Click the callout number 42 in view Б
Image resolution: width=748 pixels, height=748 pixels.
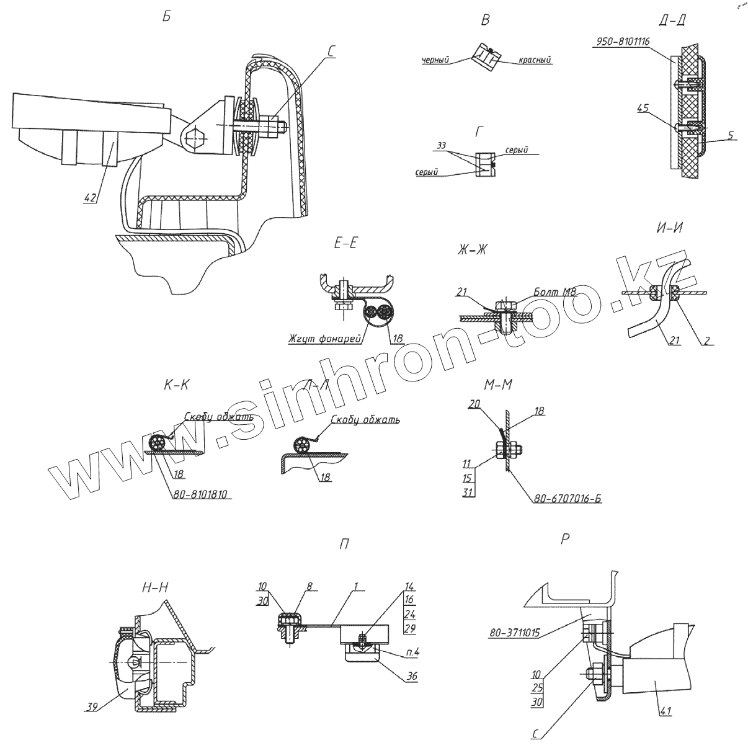[x=91, y=198]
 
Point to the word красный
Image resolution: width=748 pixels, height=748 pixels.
[x=533, y=60]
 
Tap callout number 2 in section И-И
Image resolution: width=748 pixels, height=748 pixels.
[x=707, y=340]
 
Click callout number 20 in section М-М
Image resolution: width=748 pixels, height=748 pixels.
[x=476, y=403]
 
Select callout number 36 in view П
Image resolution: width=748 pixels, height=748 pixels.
[x=411, y=677]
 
